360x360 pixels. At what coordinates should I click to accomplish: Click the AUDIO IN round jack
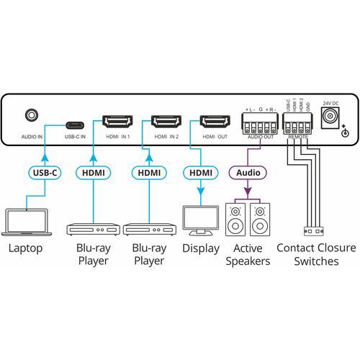(x=32, y=115)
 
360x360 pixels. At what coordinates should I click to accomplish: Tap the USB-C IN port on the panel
(x=75, y=125)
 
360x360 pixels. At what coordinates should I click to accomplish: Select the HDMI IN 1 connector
(x=117, y=122)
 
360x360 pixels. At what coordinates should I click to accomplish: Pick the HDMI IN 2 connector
(x=166, y=122)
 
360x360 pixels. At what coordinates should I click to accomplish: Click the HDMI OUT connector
(x=215, y=122)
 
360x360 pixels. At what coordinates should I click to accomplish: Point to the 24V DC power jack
(x=330, y=117)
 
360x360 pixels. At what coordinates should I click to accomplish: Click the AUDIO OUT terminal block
(x=260, y=124)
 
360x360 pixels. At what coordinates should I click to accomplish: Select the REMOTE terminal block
(x=297, y=124)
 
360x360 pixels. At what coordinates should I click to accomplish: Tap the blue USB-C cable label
(x=45, y=173)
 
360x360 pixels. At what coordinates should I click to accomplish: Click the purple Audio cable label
(x=248, y=173)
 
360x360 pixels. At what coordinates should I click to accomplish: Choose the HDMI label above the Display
(x=201, y=173)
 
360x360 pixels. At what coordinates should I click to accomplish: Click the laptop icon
(x=27, y=222)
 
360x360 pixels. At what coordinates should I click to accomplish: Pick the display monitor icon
(x=201, y=220)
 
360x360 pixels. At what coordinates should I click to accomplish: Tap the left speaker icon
(x=235, y=220)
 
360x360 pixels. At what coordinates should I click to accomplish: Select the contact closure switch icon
(x=314, y=231)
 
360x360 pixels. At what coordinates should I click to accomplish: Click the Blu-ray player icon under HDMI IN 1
(x=93, y=229)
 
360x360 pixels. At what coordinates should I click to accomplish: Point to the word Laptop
(x=26, y=248)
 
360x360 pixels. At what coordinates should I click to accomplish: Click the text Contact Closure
(x=316, y=248)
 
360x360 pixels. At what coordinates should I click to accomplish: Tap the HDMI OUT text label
(x=215, y=137)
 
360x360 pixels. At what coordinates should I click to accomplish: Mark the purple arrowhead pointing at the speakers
(x=248, y=192)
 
